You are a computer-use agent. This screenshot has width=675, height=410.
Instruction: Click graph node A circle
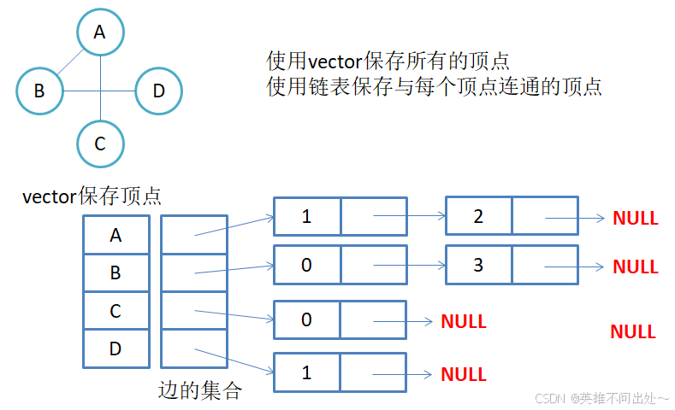coord(100,32)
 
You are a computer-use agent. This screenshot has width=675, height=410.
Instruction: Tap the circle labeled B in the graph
coord(39,89)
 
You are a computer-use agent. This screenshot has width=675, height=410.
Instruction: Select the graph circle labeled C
coord(100,143)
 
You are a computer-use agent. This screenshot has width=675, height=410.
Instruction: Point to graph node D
coord(158,89)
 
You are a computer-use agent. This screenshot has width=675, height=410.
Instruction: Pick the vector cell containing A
coord(115,234)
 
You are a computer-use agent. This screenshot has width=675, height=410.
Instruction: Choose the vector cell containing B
coord(115,272)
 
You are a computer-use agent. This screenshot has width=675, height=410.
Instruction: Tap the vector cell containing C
coord(115,311)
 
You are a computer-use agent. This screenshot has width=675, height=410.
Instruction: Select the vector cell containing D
coord(115,348)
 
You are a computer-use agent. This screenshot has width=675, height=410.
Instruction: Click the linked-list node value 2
coord(478,217)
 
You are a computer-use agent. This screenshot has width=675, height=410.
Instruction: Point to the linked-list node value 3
coord(478,265)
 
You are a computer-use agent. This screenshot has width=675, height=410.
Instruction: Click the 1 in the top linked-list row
coord(306,217)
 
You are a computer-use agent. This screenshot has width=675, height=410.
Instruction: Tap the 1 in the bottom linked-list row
coord(306,372)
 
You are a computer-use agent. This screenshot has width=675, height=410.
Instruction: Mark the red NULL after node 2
coord(635,218)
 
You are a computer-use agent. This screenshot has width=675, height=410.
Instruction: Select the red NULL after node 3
coord(635,266)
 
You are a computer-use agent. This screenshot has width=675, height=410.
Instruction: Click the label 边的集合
coord(200,391)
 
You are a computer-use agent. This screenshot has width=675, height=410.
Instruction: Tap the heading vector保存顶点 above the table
coord(92,197)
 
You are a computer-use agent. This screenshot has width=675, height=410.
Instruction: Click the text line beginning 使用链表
coord(434,86)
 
